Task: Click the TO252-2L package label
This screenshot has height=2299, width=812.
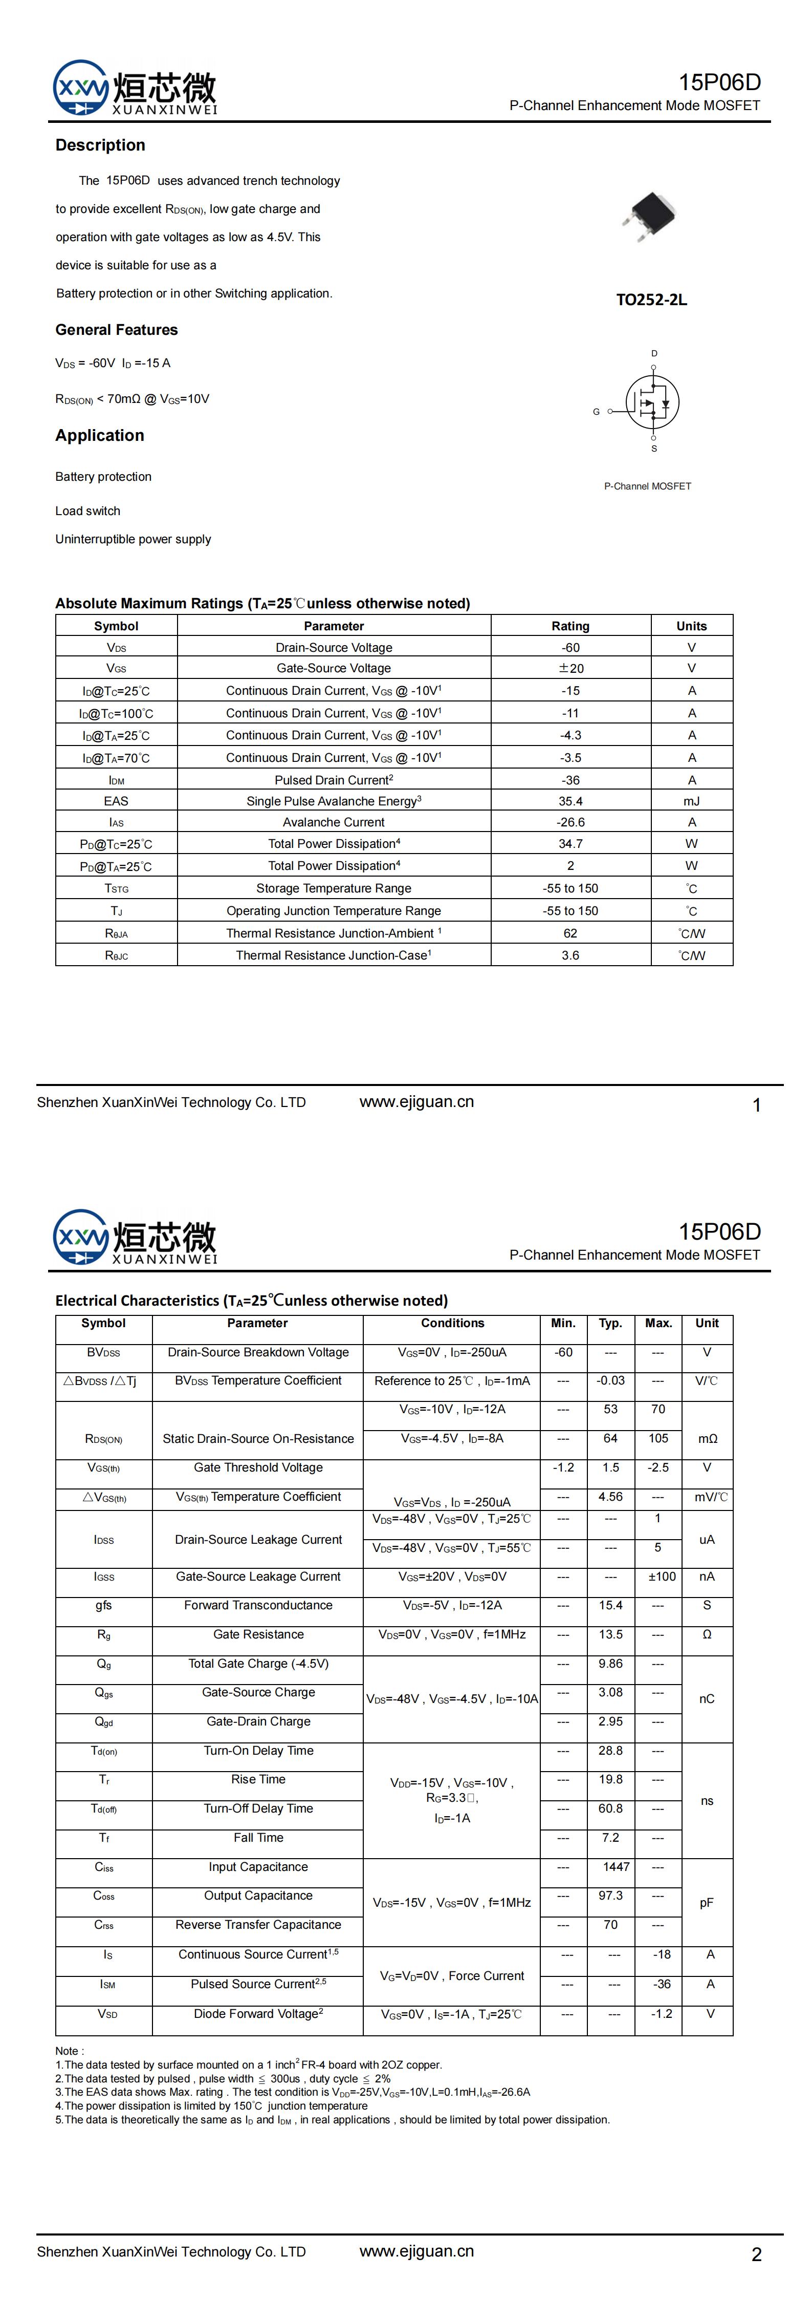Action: (651, 300)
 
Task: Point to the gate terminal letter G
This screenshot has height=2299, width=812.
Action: (596, 412)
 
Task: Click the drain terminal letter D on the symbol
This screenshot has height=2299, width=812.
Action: (654, 353)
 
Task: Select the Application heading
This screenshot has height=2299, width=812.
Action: (99, 436)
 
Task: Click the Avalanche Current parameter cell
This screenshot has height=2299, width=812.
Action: (334, 822)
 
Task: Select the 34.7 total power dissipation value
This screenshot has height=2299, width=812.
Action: (570, 843)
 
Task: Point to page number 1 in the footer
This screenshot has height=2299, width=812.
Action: (757, 1105)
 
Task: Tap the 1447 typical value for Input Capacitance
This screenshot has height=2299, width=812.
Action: (616, 1867)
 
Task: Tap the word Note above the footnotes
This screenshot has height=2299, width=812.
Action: (69, 2051)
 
